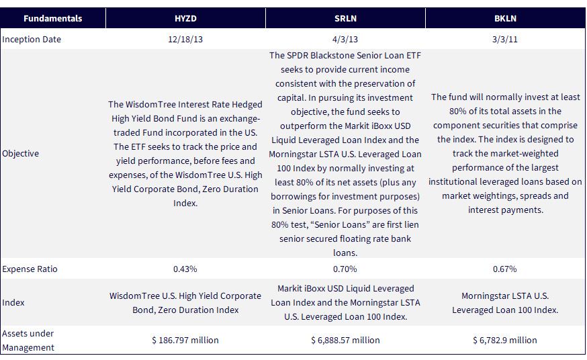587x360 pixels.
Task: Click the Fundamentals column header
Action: pyautogui.click(x=53, y=18)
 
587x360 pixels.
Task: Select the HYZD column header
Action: pyautogui.click(x=185, y=18)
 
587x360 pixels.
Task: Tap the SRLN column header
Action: pyautogui.click(x=345, y=18)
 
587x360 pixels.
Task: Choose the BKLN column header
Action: pyautogui.click(x=505, y=18)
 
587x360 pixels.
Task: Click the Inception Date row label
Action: pyautogui.click(x=32, y=40)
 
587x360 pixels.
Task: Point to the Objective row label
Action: pyautogui.click(x=20, y=153)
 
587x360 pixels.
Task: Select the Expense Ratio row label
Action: pyautogui.click(x=30, y=269)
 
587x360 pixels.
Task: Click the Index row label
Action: pyautogui.click(x=13, y=302)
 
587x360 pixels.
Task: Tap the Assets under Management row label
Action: pyautogui.click(x=28, y=340)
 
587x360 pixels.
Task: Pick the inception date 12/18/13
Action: pyautogui.click(x=185, y=40)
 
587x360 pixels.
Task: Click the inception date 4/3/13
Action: pyautogui.click(x=345, y=40)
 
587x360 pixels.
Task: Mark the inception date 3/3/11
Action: pyautogui.click(x=505, y=40)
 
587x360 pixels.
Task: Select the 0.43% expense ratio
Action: pyautogui.click(x=185, y=269)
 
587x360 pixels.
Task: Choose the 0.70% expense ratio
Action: pyautogui.click(x=345, y=269)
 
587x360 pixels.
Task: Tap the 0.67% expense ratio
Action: pyautogui.click(x=505, y=269)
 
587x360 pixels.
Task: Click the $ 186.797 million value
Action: pyautogui.click(x=185, y=340)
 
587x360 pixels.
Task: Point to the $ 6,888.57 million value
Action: pyautogui.click(x=345, y=340)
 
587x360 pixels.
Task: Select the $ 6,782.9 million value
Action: pyautogui.click(x=505, y=340)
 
